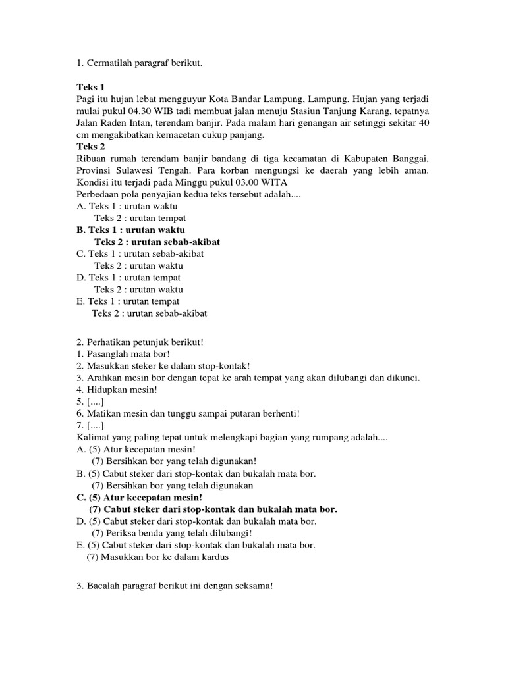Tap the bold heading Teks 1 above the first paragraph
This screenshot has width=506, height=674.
(x=90, y=87)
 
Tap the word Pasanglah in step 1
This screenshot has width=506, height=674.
(x=106, y=354)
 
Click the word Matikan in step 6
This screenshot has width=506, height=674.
(x=103, y=413)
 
